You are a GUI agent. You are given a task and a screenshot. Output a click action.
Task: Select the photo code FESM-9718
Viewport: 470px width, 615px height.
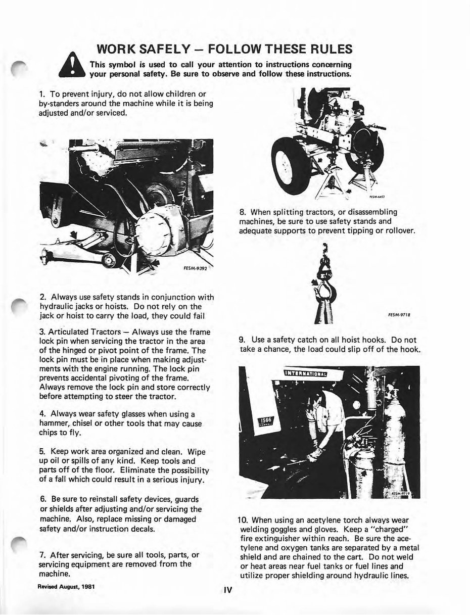pos(399,314)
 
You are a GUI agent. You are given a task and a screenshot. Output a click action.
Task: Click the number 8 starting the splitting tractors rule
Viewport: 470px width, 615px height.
pos(241,212)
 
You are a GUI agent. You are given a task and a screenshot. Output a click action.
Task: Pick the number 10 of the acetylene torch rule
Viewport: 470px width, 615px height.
pos(242,519)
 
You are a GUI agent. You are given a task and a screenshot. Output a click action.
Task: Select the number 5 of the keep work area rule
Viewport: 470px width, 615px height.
pos(41,451)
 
